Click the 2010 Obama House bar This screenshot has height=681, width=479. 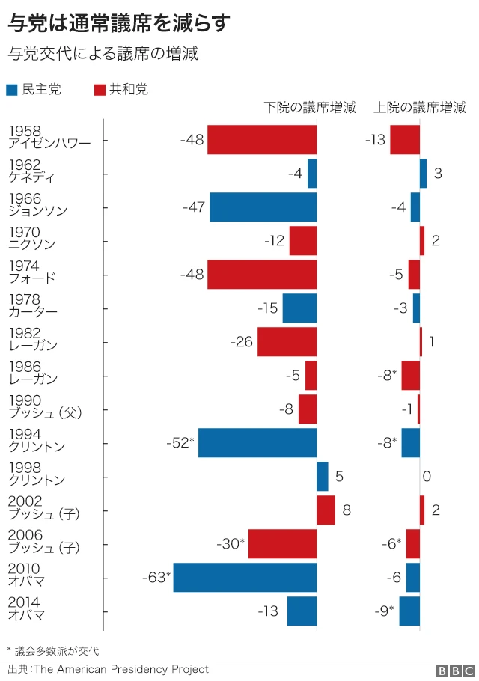click(245, 578)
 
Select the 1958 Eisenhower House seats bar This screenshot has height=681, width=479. click(262, 140)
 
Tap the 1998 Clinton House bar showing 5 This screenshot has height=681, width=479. click(323, 477)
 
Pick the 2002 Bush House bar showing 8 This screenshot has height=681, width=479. click(326, 510)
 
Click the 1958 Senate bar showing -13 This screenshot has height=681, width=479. click(405, 140)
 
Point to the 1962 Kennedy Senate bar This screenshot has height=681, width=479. click(423, 174)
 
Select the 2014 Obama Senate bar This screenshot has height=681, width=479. click(409, 611)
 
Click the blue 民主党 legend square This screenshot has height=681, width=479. click(12, 91)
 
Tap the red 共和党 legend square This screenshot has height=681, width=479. click(99, 91)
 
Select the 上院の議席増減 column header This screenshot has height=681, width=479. click(420, 108)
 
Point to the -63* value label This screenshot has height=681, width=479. click(156, 578)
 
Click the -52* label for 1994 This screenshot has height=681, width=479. click(180, 443)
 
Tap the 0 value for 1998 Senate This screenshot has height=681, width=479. click(427, 477)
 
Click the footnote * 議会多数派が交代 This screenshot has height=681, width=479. click(52, 651)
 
